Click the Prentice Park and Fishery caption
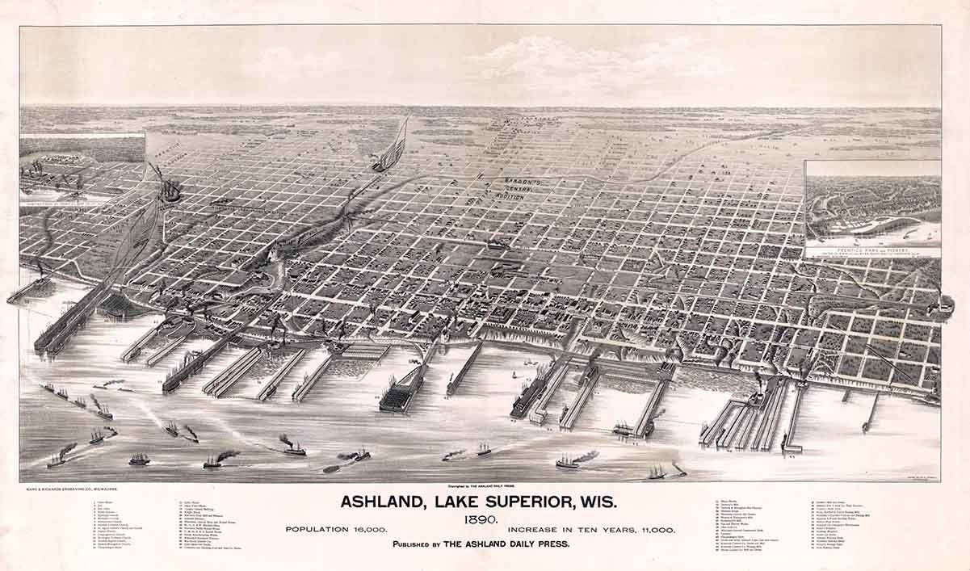click(x=872, y=251)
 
